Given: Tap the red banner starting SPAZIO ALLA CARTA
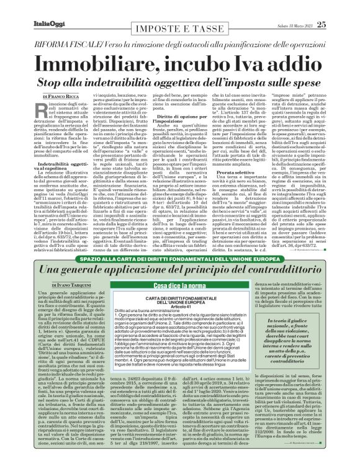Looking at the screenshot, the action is coord(179,257).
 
